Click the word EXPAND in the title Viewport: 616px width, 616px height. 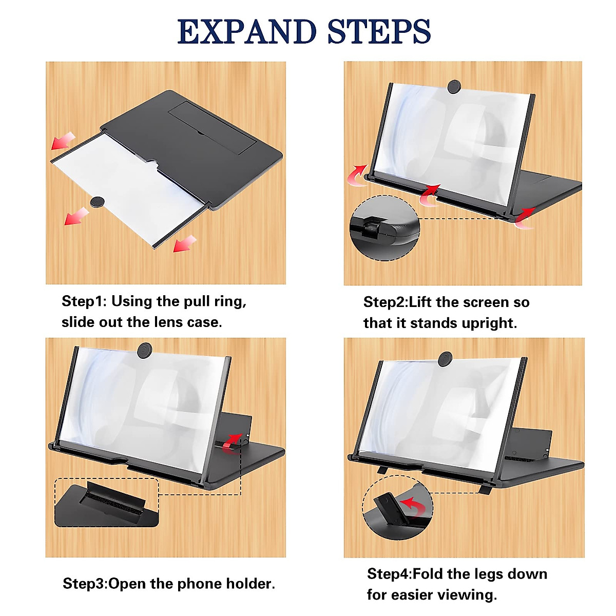[246, 32]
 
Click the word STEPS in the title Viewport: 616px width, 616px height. [379, 32]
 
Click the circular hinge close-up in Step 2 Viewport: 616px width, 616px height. [384, 227]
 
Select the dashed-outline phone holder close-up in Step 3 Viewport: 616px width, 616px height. [107, 503]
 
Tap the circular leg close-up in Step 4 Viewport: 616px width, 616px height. [398, 508]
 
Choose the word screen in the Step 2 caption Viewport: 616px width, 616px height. [486, 302]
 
